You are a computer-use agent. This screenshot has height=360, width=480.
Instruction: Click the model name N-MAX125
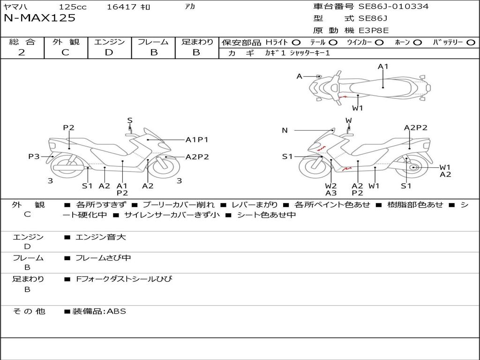point(39,19)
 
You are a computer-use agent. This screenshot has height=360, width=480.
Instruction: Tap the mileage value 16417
point(121,7)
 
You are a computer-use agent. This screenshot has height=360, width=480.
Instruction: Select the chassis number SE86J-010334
point(393,7)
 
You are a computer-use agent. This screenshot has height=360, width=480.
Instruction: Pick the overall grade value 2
point(22,52)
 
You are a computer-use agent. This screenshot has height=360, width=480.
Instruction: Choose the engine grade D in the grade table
point(109,52)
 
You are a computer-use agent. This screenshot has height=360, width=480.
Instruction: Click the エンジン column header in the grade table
point(109,42)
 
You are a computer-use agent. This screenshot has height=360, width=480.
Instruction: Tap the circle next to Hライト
point(296,42)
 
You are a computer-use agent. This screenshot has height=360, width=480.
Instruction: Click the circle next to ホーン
point(418,42)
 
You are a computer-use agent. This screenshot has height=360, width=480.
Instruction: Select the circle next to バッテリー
point(471,42)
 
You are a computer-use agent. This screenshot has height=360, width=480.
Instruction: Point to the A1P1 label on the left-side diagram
point(197,139)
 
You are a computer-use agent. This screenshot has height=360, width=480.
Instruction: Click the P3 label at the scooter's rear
point(34,157)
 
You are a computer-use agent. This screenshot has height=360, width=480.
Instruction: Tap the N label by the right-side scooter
point(285,130)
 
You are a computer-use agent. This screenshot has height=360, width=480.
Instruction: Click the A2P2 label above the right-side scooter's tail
point(416,127)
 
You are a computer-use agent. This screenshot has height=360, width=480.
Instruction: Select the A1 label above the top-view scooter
point(383,67)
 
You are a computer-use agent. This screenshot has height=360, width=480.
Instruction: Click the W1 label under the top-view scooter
point(358,108)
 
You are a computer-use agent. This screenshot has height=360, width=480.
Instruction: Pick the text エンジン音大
point(101,237)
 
